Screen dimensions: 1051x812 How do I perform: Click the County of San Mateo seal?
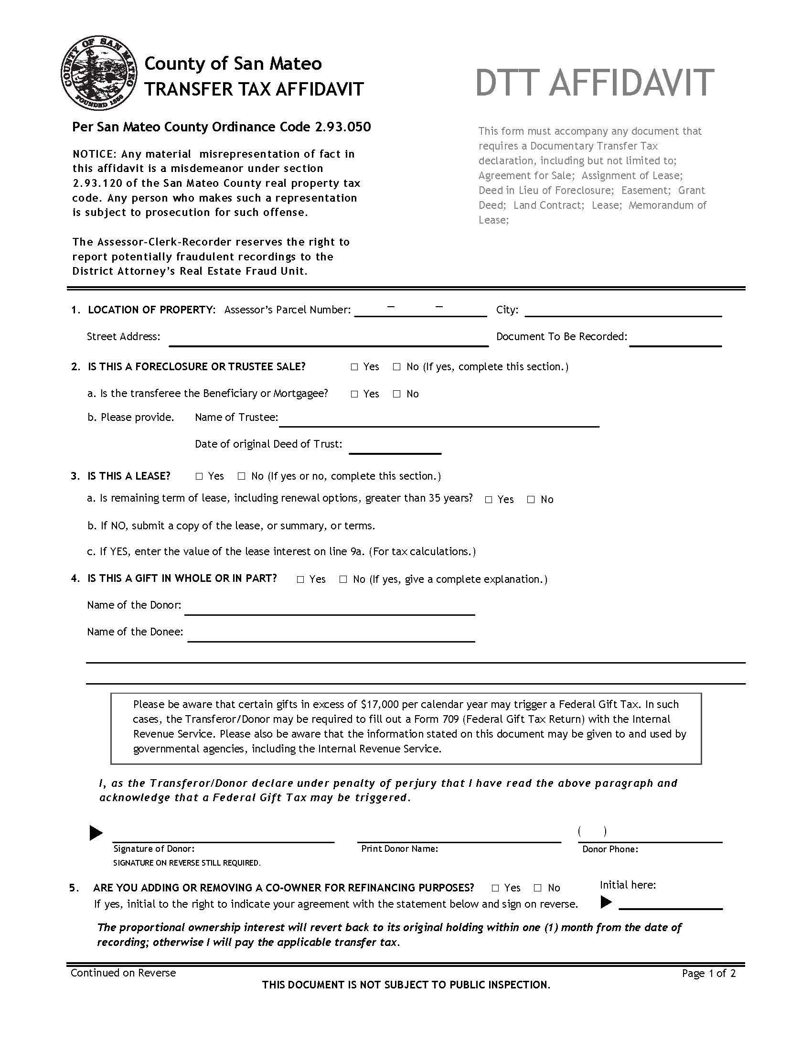point(98,73)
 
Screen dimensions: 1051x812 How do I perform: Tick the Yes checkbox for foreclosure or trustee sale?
point(354,367)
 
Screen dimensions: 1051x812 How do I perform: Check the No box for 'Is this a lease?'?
point(242,476)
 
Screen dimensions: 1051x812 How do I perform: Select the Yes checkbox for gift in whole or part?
point(300,579)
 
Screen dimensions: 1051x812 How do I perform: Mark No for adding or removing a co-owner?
point(538,888)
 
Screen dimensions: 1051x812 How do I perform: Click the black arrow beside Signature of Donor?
point(96,833)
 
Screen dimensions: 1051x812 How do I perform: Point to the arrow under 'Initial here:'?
point(606,902)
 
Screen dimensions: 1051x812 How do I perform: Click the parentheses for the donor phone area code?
point(592,831)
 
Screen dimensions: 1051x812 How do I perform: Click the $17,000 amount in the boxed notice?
point(380,705)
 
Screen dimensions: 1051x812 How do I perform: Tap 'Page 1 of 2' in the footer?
point(708,973)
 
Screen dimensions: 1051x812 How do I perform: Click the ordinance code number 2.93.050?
point(343,127)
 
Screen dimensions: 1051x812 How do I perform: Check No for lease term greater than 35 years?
point(531,500)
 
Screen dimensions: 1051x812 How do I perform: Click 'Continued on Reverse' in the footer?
point(123,973)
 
